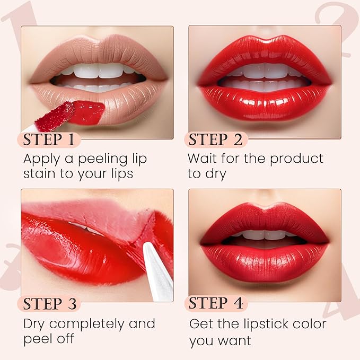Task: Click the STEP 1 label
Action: point(51,140)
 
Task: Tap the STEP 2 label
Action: point(216,140)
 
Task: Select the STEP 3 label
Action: point(51,304)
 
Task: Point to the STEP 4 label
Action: point(216,304)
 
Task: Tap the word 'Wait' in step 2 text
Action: point(203,159)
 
